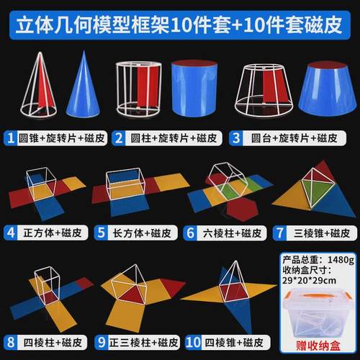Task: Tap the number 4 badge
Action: pyautogui.click(x=11, y=233)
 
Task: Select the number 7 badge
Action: pyautogui.click(x=279, y=233)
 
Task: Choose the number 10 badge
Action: pyautogui.click(x=192, y=343)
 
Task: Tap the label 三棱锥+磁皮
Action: pyautogui.click(x=318, y=233)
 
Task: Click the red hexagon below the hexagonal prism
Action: pyautogui.click(x=238, y=208)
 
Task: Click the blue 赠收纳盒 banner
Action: pyautogui.click(x=314, y=344)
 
